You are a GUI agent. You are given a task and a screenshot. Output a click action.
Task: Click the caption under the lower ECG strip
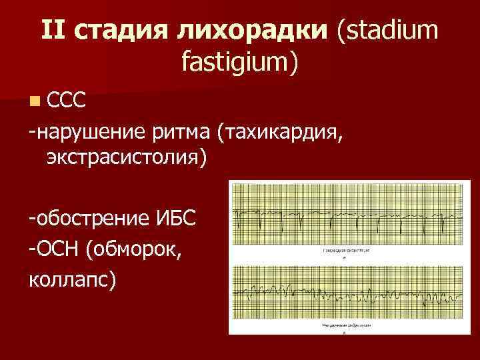pyautogui.click(x=346, y=326)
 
